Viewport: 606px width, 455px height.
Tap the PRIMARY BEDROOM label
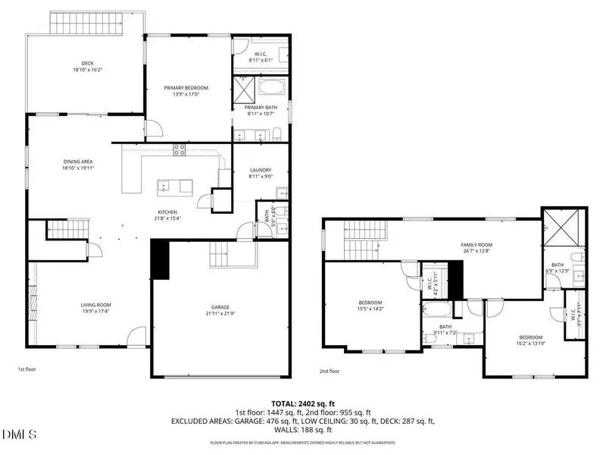pyautogui.click(x=186, y=88)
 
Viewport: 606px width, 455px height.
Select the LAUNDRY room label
pyautogui.click(x=260, y=170)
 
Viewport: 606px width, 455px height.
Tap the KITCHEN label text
pyautogui.click(x=167, y=212)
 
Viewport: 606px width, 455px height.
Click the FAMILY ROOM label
pyautogui.click(x=477, y=245)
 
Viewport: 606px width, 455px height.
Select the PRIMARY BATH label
pyautogui.click(x=260, y=108)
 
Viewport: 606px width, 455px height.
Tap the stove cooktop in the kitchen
pyautogui.click(x=180, y=149)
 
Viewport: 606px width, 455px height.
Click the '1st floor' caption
pyautogui.click(x=28, y=369)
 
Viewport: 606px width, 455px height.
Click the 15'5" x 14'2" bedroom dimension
pyautogui.click(x=370, y=308)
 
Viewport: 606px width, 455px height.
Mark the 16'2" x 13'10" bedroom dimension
pyautogui.click(x=531, y=343)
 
